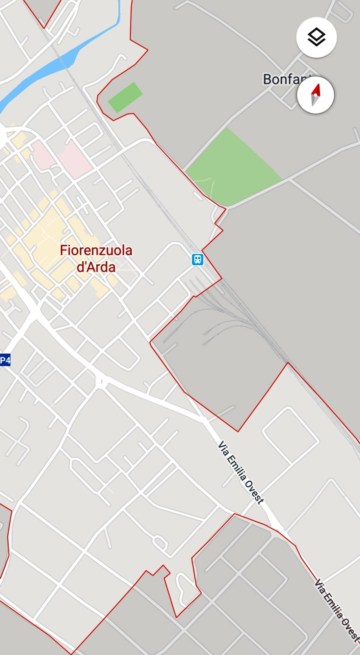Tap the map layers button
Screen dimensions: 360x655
click(316, 37)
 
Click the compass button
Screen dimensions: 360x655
click(315, 95)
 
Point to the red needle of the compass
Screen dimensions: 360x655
click(317, 90)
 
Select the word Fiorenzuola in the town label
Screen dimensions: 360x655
click(96, 250)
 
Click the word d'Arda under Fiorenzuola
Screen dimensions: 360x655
click(96, 267)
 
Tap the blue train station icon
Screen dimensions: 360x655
click(197, 259)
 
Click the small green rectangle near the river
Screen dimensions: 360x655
click(125, 97)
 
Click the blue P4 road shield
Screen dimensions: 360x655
click(5, 360)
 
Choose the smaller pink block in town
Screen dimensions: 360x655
click(42, 155)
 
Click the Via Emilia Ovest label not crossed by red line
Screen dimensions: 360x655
click(241, 472)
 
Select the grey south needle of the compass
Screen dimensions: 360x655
click(314, 100)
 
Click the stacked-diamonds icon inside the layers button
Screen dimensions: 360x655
click(316, 37)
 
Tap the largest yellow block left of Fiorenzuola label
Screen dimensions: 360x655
click(41, 239)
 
